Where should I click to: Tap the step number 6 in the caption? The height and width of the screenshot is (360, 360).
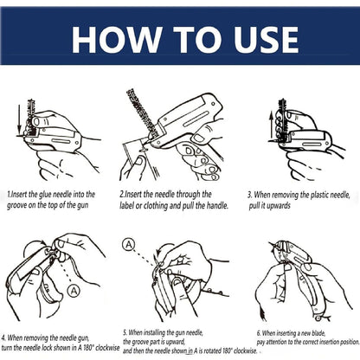[x=258, y=331]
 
